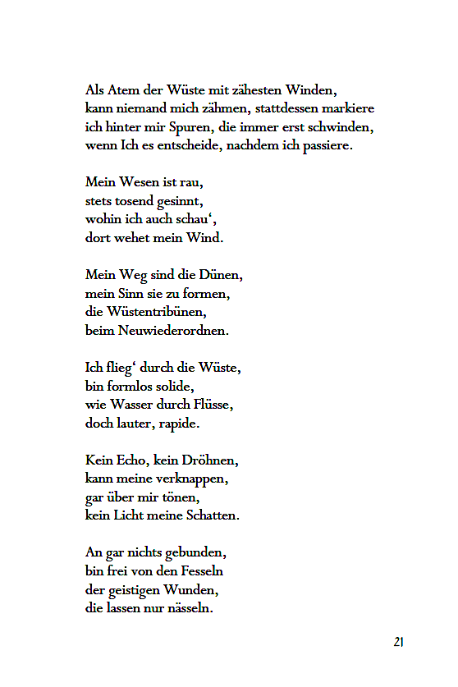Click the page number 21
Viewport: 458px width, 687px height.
pos(398,642)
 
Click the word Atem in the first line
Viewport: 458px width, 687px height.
pos(120,89)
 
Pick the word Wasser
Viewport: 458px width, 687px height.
pos(135,405)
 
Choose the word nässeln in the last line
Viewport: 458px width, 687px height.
pos(189,608)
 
